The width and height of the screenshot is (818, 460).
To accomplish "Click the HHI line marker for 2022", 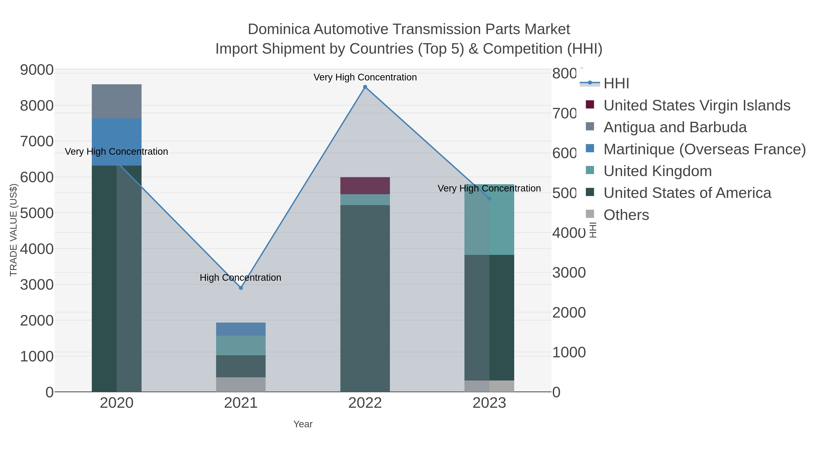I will click(365, 87).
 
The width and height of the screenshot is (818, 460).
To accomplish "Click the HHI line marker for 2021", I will click(241, 288).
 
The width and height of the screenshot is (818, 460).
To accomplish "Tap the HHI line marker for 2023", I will click(489, 198).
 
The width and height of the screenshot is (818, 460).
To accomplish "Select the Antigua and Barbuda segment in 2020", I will click(117, 101).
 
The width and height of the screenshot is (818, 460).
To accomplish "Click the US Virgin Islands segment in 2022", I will click(365, 186).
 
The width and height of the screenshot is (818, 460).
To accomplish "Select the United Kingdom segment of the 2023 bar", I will click(489, 222).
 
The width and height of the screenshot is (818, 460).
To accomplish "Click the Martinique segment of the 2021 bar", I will click(241, 329).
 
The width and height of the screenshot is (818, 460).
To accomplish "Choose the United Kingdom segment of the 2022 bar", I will click(365, 200).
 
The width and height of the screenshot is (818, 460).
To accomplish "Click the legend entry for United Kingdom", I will click(657, 171).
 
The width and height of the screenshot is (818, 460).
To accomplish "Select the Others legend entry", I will click(626, 215).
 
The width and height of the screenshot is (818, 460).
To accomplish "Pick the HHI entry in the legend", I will click(616, 84).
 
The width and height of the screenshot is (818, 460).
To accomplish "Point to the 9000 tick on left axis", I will click(37, 70).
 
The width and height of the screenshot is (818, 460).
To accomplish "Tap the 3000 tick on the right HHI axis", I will click(569, 273).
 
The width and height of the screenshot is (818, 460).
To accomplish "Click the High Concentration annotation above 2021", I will click(240, 277).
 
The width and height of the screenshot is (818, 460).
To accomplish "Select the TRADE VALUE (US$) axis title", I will click(13, 230).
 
